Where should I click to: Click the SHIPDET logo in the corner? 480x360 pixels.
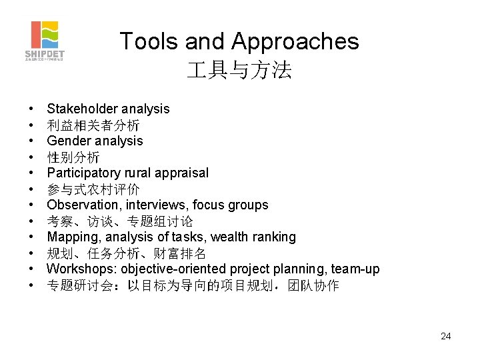(45, 41)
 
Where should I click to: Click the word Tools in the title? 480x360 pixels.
(149, 42)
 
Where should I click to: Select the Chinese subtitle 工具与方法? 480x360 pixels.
(239, 71)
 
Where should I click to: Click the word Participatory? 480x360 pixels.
(83, 173)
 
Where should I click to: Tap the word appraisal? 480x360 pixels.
(182, 173)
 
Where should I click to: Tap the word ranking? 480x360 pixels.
(273, 237)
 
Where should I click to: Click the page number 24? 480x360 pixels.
(446, 336)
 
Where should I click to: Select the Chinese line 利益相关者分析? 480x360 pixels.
(93, 125)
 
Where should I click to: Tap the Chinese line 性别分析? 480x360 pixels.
(73, 157)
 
